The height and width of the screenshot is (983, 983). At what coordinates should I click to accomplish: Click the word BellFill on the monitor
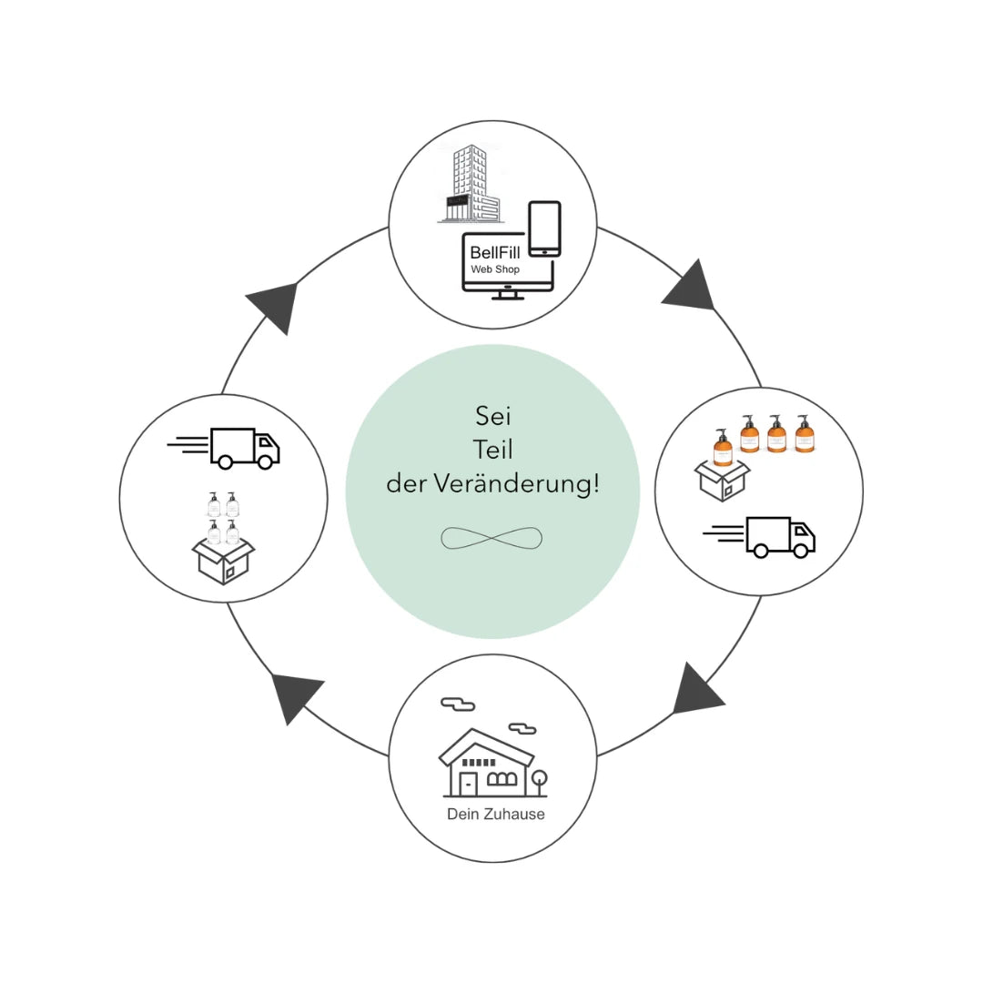[495, 252]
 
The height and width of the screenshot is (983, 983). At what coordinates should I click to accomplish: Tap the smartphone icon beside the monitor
[544, 228]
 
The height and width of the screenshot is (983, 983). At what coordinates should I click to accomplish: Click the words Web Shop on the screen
[495, 269]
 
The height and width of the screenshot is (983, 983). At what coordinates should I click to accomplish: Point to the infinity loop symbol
[491, 538]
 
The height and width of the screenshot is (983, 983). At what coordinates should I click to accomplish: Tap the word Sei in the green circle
[492, 417]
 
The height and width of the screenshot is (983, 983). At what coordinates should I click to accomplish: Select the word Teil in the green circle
[492, 450]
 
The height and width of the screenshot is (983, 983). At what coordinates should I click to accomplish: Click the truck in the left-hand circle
[244, 447]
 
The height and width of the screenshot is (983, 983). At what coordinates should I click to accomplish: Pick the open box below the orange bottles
[721, 481]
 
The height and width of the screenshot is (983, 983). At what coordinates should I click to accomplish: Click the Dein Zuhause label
[496, 814]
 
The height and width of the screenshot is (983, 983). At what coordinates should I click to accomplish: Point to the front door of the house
[468, 784]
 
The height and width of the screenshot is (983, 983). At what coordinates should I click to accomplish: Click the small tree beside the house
[539, 781]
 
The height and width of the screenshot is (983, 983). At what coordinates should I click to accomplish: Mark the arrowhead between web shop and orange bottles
[690, 287]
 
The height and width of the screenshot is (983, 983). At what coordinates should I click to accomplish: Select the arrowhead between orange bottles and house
[695, 690]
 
